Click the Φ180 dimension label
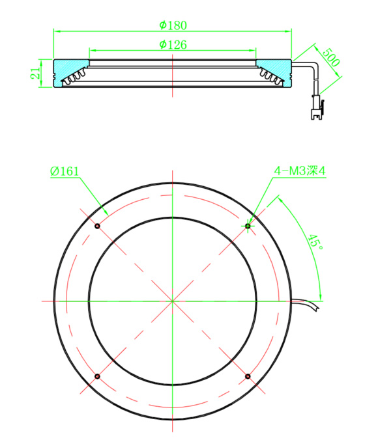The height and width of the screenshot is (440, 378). click(x=173, y=25)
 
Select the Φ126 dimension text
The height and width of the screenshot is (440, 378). click(x=173, y=45)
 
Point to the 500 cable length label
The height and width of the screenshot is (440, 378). click(x=331, y=57)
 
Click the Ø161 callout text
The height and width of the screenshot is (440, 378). click(x=65, y=171)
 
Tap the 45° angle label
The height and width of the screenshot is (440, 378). click(x=315, y=242)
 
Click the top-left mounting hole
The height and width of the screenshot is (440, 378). click(x=97, y=226)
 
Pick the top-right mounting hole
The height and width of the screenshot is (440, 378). click(x=248, y=226)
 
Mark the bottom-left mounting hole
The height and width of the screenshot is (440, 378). click(x=97, y=376)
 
